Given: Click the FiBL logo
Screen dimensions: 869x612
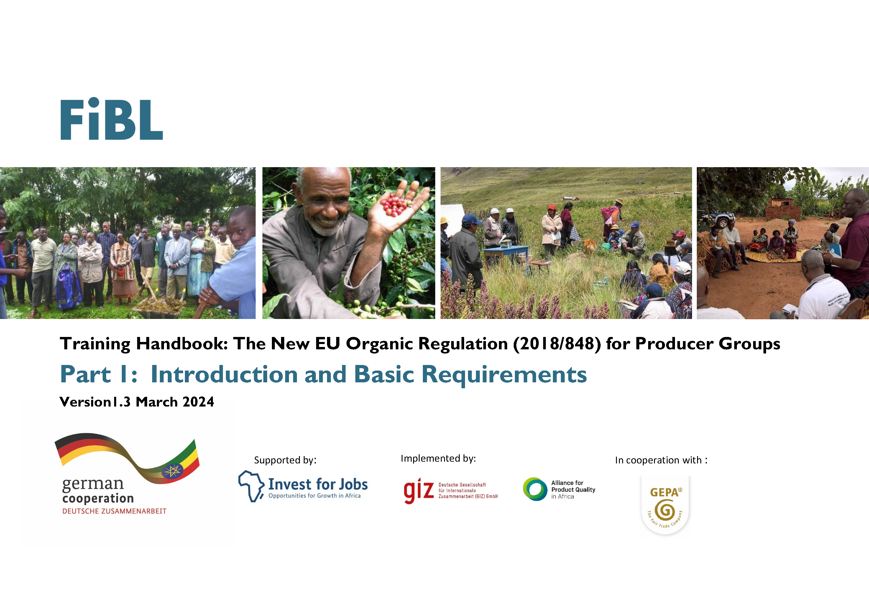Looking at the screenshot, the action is [x=112, y=119].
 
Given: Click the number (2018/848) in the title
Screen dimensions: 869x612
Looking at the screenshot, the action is [x=557, y=344].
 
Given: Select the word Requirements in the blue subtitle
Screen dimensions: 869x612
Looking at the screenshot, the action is [x=504, y=375].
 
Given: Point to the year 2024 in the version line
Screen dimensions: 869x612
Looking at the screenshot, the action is [x=198, y=402].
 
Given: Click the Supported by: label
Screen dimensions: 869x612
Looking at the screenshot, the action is [x=285, y=460].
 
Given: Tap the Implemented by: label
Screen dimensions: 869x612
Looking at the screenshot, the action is [x=438, y=459].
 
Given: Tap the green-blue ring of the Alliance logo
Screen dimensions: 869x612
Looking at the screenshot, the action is [x=535, y=489].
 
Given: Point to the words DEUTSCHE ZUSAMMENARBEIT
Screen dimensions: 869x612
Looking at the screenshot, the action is [x=114, y=511].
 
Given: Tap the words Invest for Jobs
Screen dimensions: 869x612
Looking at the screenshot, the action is [x=318, y=484].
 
